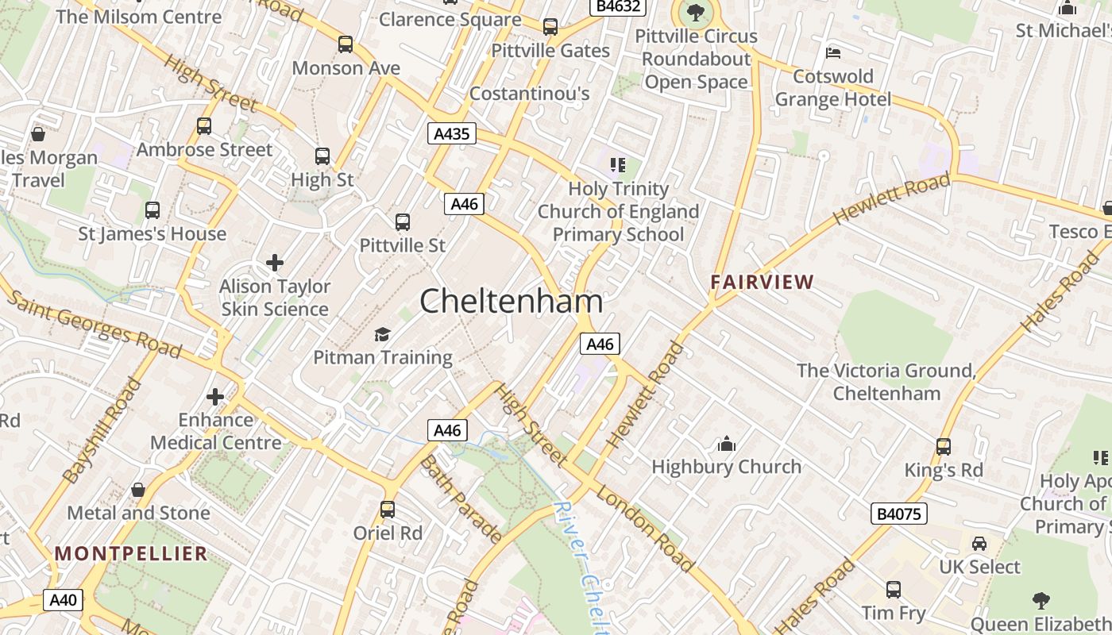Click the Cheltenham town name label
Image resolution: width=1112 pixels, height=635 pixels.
pos(511,302)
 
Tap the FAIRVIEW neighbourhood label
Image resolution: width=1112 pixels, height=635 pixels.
pos(763,282)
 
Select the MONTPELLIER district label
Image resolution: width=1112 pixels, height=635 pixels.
pos(131,553)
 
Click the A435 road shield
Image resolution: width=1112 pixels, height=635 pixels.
pos(452,133)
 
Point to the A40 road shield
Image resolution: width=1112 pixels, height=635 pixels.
pos(63,599)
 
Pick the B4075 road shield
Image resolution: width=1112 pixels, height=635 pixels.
pos(899,514)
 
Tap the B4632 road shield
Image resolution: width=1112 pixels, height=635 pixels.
pos(618,7)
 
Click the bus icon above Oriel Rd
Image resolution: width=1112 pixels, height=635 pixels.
pos(388,509)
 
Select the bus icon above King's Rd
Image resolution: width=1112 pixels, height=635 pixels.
pos(944,446)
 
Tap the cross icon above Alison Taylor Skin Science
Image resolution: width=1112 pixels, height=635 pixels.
pos(275,263)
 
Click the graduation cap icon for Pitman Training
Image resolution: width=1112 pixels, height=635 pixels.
pos(383,334)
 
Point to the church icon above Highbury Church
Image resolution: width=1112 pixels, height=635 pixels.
pos(727,444)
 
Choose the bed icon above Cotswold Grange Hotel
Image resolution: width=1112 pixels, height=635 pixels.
pos(833,53)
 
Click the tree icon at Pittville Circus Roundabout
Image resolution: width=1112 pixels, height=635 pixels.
pos(696,13)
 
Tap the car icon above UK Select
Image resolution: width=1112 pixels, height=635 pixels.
pos(979,544)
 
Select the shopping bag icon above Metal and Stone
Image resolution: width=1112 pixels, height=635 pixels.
pos(138,490)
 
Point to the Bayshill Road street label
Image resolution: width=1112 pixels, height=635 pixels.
pos(102,431)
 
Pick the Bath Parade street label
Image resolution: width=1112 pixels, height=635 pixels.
pos(461,498)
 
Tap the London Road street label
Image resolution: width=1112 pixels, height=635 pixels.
pos(644,529)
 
